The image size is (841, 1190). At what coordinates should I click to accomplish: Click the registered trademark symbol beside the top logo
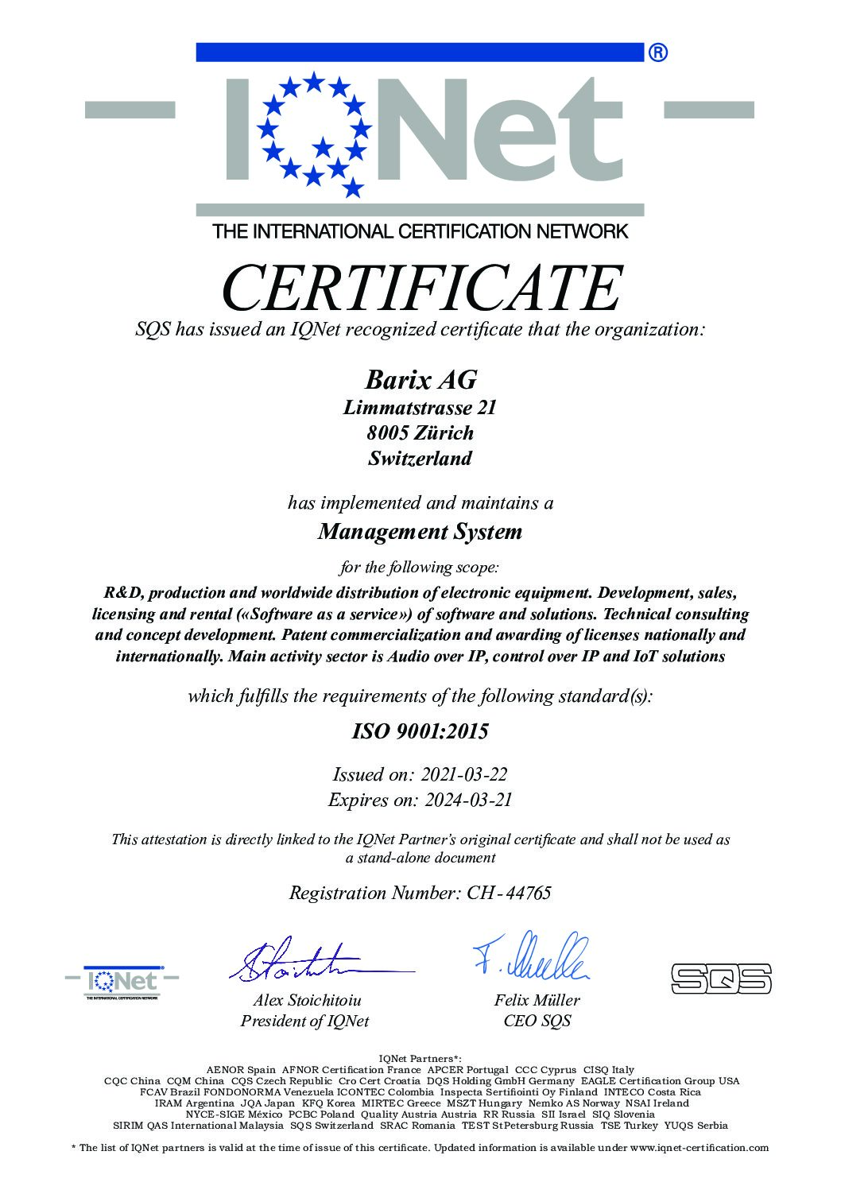tap(658, 53)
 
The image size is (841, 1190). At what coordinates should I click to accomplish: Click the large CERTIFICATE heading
tap(420, 288)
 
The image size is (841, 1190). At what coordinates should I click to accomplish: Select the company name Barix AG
tap(420, 380)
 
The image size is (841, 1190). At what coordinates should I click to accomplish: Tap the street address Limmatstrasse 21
tap(420, 408)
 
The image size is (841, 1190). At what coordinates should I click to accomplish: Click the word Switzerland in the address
tap(420, 459)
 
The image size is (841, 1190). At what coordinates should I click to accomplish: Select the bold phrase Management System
tap(420, 532)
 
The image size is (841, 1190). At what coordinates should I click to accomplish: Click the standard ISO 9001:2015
tap(420, 731)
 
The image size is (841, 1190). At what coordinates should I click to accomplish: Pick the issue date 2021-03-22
tap(464, 774)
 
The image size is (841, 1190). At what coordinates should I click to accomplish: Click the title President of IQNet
tap(304, 1021)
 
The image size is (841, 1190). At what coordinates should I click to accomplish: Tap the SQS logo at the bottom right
tap(721, 978)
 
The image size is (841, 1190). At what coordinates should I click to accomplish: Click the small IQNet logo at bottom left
tap(122, 982)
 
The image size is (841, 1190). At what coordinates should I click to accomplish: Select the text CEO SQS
tap(537, 1021)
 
